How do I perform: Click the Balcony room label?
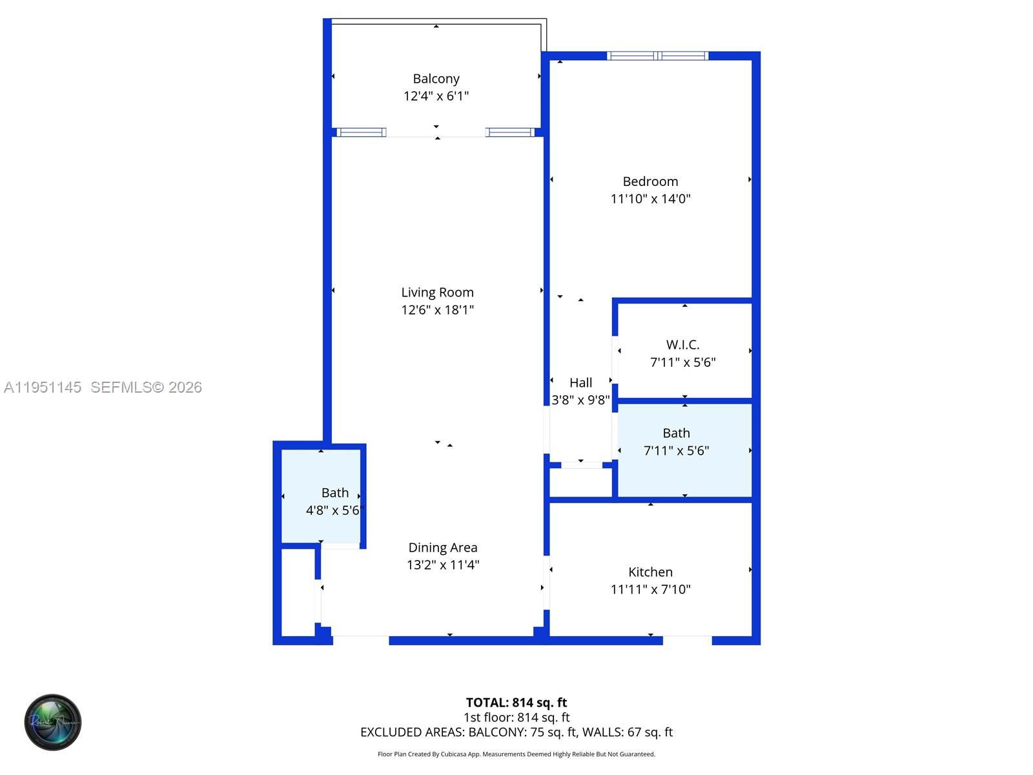pyautogui.click(x=436, y=79)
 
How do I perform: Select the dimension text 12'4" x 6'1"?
pyautogui.click(x=436, y=96)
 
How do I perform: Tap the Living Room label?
pyautogui.click(x=437, y=293)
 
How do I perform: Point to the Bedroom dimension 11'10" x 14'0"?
pyautogui.click(x=650, y=199)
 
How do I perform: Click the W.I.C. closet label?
pyautogui.click(x=682, y=345)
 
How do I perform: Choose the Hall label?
pyautogui.click(x=580, y=383)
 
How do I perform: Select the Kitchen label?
pyautogui.click(x=650, y=572)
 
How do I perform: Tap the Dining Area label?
pyautogui.click(x=442, y=548)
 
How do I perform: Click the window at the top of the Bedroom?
pyautogui.click(x=657, y=56)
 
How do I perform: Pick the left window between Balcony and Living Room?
pyautogui.click(x=362, y=132)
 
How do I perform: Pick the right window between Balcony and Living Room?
pyautogui.click(x=510, y=132)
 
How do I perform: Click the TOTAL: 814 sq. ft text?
pyautogui.click(x=516, y=703)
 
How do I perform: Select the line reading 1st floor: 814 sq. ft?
pyautogui.click(x=516, y=718)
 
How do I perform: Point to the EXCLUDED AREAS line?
pyautogui.click(x=516, y=732)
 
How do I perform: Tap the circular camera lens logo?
pyautogui.click(x=53, y=722)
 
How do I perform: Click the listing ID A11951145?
pyautogui.click(x=43, y=387)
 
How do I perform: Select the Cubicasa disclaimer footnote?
pyautogui.click(x=516, y=754)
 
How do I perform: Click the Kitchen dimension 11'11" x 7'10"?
pyautogui.click(x=650, y=590)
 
